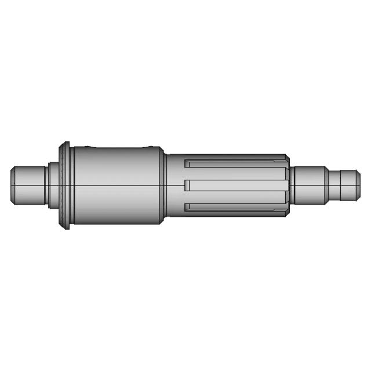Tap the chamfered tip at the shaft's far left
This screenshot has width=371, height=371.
[x=12, y=185]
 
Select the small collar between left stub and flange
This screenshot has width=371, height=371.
[x=53, y=185]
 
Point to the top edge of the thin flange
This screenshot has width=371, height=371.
[x=67, y=144]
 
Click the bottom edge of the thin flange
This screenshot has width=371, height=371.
[x=67, y=226]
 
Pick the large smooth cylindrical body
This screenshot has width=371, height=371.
[x=116, y=185]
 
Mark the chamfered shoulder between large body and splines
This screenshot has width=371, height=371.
[x=163, y=185]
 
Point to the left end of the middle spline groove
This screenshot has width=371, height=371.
[x=187, y=185]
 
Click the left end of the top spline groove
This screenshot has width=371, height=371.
[x=187, y=163]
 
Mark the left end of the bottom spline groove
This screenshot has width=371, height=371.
[x=187, y=207]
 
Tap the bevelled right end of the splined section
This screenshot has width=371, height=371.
[x=288, y=185]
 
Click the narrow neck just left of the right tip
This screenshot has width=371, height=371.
[x=333, y=185]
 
